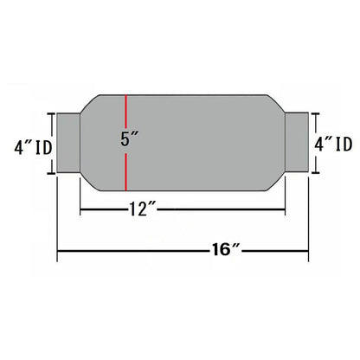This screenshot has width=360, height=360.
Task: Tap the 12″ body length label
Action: pyautogui.click(x=142, y=209)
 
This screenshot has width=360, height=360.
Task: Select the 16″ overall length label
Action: pyautogui.click(x=226, y=249)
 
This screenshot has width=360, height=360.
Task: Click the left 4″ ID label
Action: pyautogui.click(x=34, y=147)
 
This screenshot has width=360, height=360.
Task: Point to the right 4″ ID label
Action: pyautogui.click(x=333, y=144)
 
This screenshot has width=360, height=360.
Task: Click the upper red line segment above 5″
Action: pyautogui.click(x=126, y=112)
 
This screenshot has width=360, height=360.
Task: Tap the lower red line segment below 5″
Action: pyautogui.click(x=126, y=172)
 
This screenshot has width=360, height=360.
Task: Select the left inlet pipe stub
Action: pyautogui.click(x=68, y=143)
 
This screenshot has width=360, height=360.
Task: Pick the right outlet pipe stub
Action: pyautogui.click(x=297, y=142)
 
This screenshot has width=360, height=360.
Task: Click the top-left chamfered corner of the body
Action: pyautogui.click(x=90, y=104)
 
